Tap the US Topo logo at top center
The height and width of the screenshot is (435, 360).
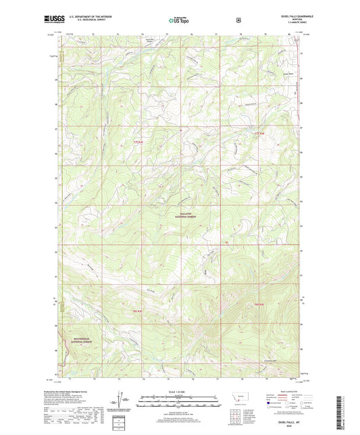coord(178,20)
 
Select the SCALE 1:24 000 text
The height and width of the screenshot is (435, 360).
coord(179,391)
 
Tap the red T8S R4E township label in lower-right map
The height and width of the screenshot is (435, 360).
coord(257,305)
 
